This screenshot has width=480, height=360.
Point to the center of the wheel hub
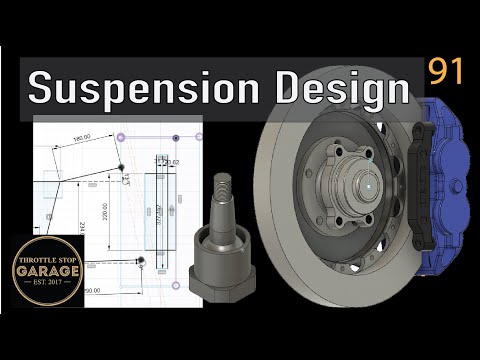pyautogui.click(x=341, y=186)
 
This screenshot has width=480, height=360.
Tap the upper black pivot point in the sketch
pyautogui.click(x=122, y=167)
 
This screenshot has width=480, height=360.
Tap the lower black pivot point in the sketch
pyautogui.click(x=140, y=260)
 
